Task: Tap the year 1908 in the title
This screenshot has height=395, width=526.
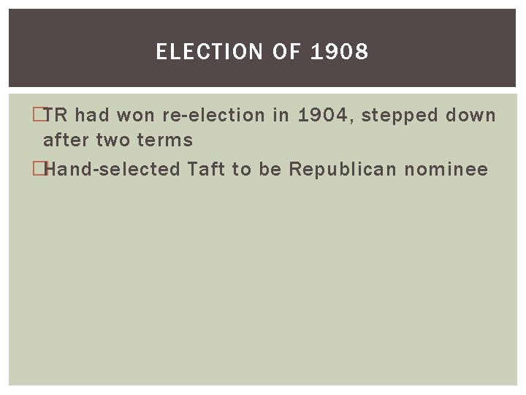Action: coord(340,52)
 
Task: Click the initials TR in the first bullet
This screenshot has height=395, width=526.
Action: coord(58,116)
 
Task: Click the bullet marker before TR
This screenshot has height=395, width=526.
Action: coord(39,116)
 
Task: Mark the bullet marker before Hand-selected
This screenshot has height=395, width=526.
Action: coord(39,170)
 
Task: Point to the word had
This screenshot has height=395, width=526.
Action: coord(92,116)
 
